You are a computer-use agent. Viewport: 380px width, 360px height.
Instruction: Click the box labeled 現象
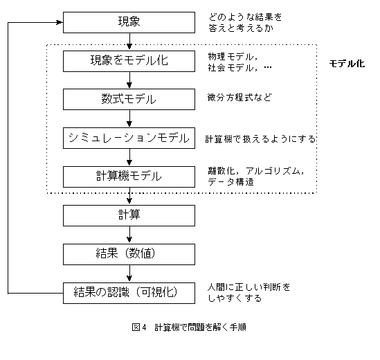click(x=129, y=22)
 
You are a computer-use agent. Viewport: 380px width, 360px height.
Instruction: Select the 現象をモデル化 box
click(x=129, y=61)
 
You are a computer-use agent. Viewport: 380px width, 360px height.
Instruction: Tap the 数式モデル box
click(x=129, y=99)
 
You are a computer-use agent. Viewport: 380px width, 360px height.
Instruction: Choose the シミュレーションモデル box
click(x=129, y=138)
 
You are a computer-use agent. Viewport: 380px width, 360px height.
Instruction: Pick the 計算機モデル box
click(x=129, y=176)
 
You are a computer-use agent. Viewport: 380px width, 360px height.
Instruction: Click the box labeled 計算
click(x=129, y=215)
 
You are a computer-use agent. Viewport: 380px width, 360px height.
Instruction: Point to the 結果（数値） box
click(x=129, y=253)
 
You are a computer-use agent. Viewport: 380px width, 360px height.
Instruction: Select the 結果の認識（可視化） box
click(x=129, y=292)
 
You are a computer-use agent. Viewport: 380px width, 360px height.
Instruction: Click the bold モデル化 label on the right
click(x=347, y=63)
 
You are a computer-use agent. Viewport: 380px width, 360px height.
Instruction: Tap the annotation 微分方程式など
click(x=239, y=98)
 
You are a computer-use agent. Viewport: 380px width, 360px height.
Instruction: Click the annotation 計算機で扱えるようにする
click(x=260, y=139)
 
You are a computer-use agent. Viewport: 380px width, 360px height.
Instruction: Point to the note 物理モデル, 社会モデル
click(x=239, y=62)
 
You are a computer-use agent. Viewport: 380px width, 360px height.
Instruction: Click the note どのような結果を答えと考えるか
click(x=245, y=21)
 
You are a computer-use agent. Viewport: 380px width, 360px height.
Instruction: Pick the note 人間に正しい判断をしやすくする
click(x=248, y=292)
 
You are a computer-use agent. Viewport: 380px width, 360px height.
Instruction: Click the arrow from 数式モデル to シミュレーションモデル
click(x=129, y=118)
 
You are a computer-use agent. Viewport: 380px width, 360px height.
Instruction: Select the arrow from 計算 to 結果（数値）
click(x=129, y=234)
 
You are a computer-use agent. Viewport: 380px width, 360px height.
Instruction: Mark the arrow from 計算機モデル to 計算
click(x=129, y=195)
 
